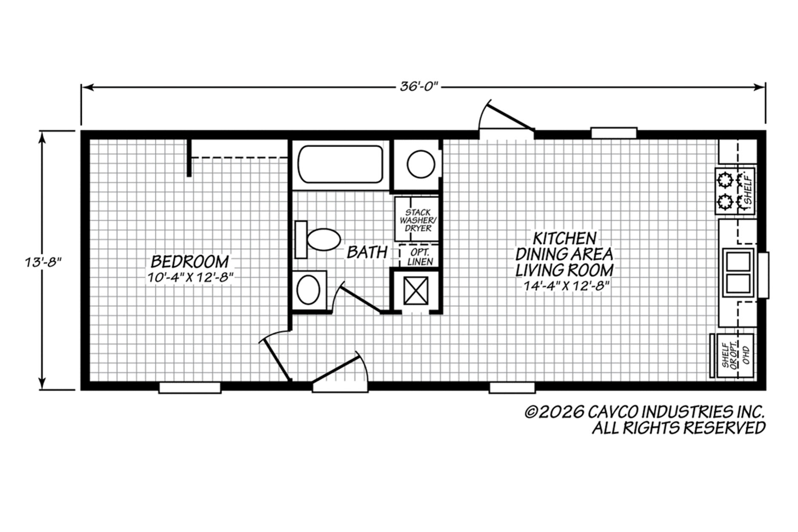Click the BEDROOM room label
pyautogui.click(x=190, y=261)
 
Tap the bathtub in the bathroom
pyautogui.click(x=340, y=164)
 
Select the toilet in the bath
pyautogui.click(x=318, y=240)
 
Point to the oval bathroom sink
pyautogui.click(x=308, y=289)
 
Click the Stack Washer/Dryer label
pyautogui.click(x=418, y=220)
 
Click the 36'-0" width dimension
pyautogui.click(x=419, y=87)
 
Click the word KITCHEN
pyautogui.click(x=565, y=237)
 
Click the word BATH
pyautogui.click(x=367, y=252)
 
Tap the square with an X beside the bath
pyautogui.click(x=415, y=290)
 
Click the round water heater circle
pyautogui.click(x=421, y=164)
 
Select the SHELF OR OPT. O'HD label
pyautogui.click(x=735, y=356)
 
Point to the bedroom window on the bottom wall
pyautogui.click(x=190, y=388)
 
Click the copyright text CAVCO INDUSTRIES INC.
pyautogui.click(x=646, y=412)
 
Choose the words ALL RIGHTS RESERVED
pyautogui.click(x=679, y=428)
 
